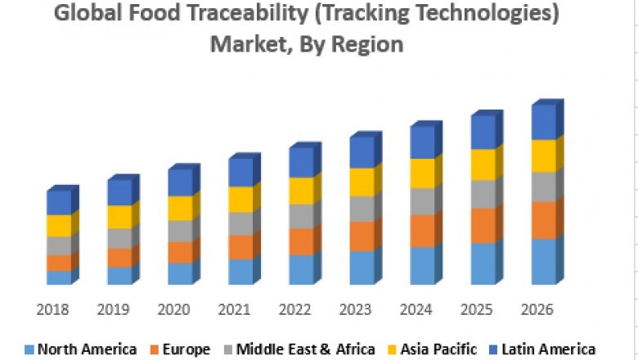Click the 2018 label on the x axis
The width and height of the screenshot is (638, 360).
pyautogui.click(x=53, y=310)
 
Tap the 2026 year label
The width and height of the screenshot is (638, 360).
pyautogui.click(x=537, y=310)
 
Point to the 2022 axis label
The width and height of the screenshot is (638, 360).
pyautogui.click(x=295, y=310)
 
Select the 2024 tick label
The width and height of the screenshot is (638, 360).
pyautogui.click(x=416, y=310)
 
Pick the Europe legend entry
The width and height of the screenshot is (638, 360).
pyautogui.click(x=179, y=349)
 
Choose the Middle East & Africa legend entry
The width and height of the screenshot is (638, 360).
pyautogui.click(x=305, y=349)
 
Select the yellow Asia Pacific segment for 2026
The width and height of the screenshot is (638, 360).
pyautogui.click(x=542, y=156)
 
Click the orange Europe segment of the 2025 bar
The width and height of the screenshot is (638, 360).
pyautogui.click(x=483, y=226)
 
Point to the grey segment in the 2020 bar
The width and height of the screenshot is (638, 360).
pyautogui.click(x=179, y=231)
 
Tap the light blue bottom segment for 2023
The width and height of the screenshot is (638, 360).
pyautogui.click(x=361, y=268)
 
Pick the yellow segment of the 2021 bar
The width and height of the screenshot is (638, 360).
pyautogui.click(x=240, y=200)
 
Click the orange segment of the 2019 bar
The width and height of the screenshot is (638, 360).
pyautogui.click(x=119, y=258)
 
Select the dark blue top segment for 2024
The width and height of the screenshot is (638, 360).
pyautogui.click(x=421, y=143)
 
